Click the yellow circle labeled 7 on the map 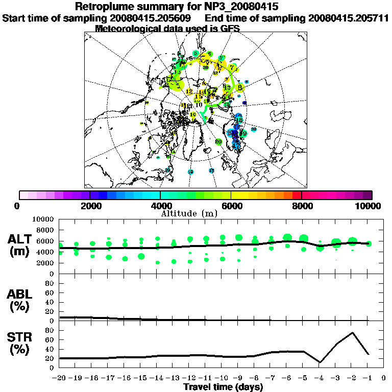click(233, 67)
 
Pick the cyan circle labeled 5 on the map click(196, 54)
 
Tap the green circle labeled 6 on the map click(209, 54)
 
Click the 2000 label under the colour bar click(90, 206)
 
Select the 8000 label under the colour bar click(302, 206)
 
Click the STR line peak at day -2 click(352, 333)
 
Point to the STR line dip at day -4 click(320, 362)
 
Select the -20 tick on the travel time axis click(60, 378)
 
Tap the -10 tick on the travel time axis click(222, 378)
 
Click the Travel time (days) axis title click(223, 387)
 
